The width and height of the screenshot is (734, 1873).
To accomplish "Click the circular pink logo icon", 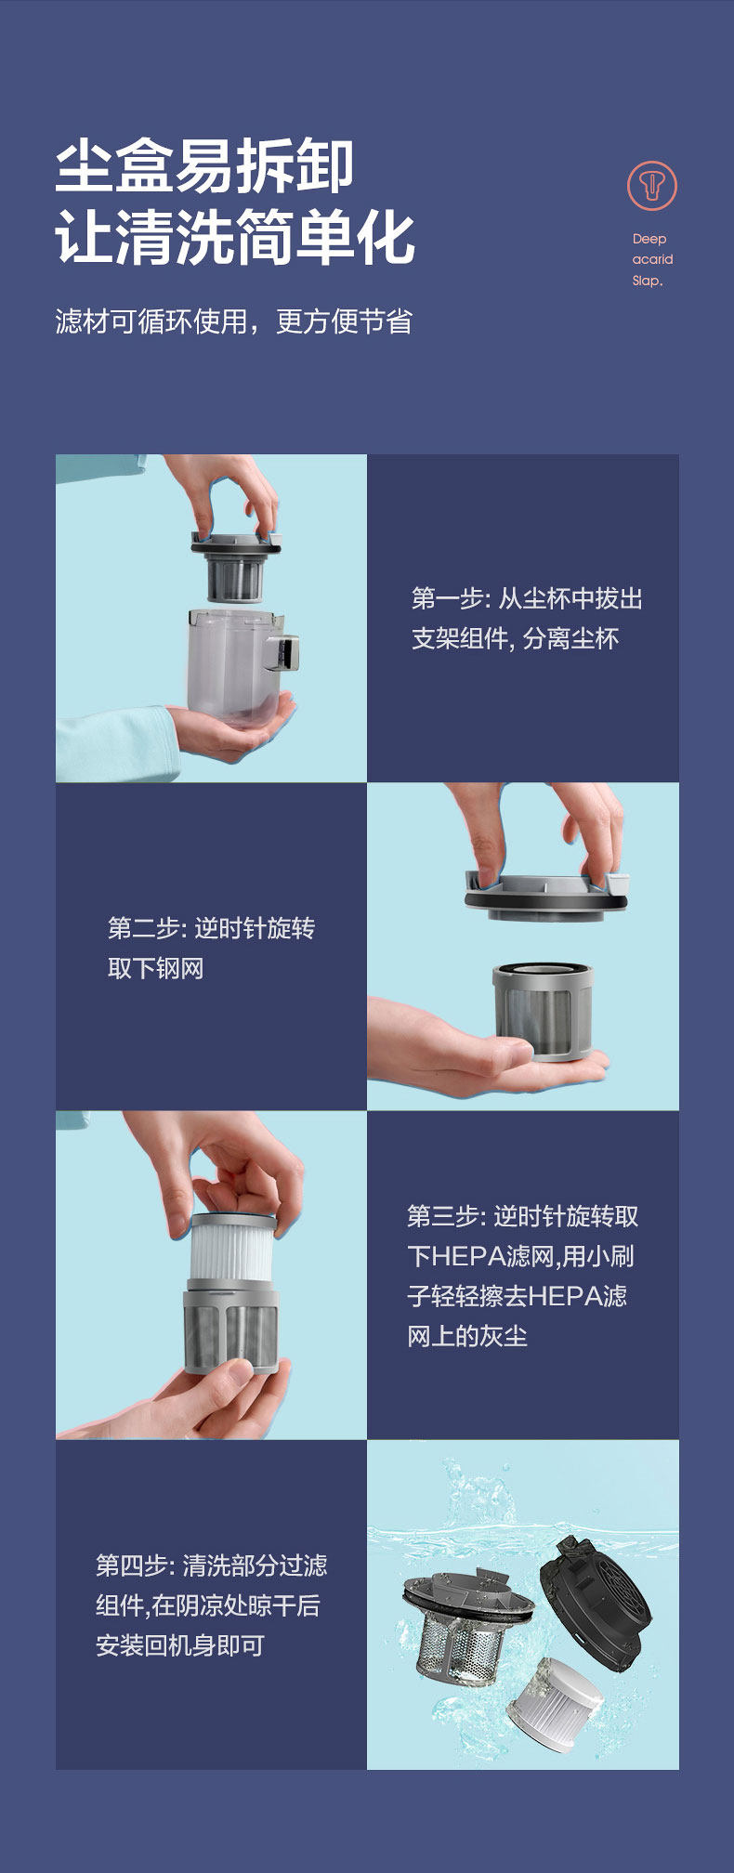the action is (x=652, y=186).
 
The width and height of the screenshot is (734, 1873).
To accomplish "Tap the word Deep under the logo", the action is (x=649, y=239).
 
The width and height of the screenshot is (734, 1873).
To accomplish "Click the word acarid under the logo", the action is (x=652, y=259).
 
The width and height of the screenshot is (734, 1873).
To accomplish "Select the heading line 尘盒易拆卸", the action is (x=204, y=167).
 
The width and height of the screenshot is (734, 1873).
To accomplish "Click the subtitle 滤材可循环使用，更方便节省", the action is (x=233, y=321).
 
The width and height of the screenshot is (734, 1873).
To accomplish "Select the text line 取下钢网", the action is (x=155, y=968).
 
